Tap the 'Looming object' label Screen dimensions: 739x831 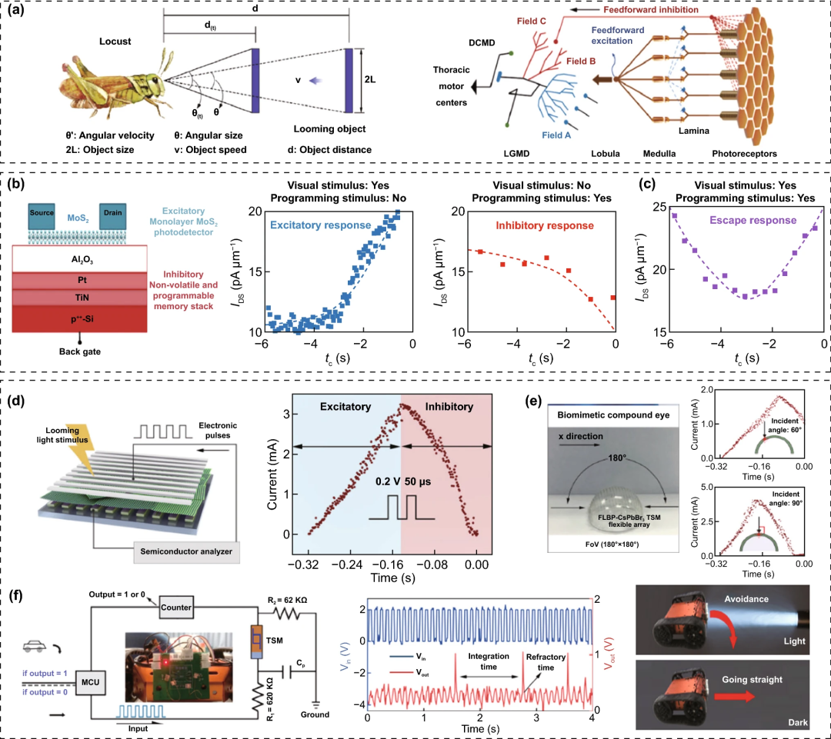(331, 129)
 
